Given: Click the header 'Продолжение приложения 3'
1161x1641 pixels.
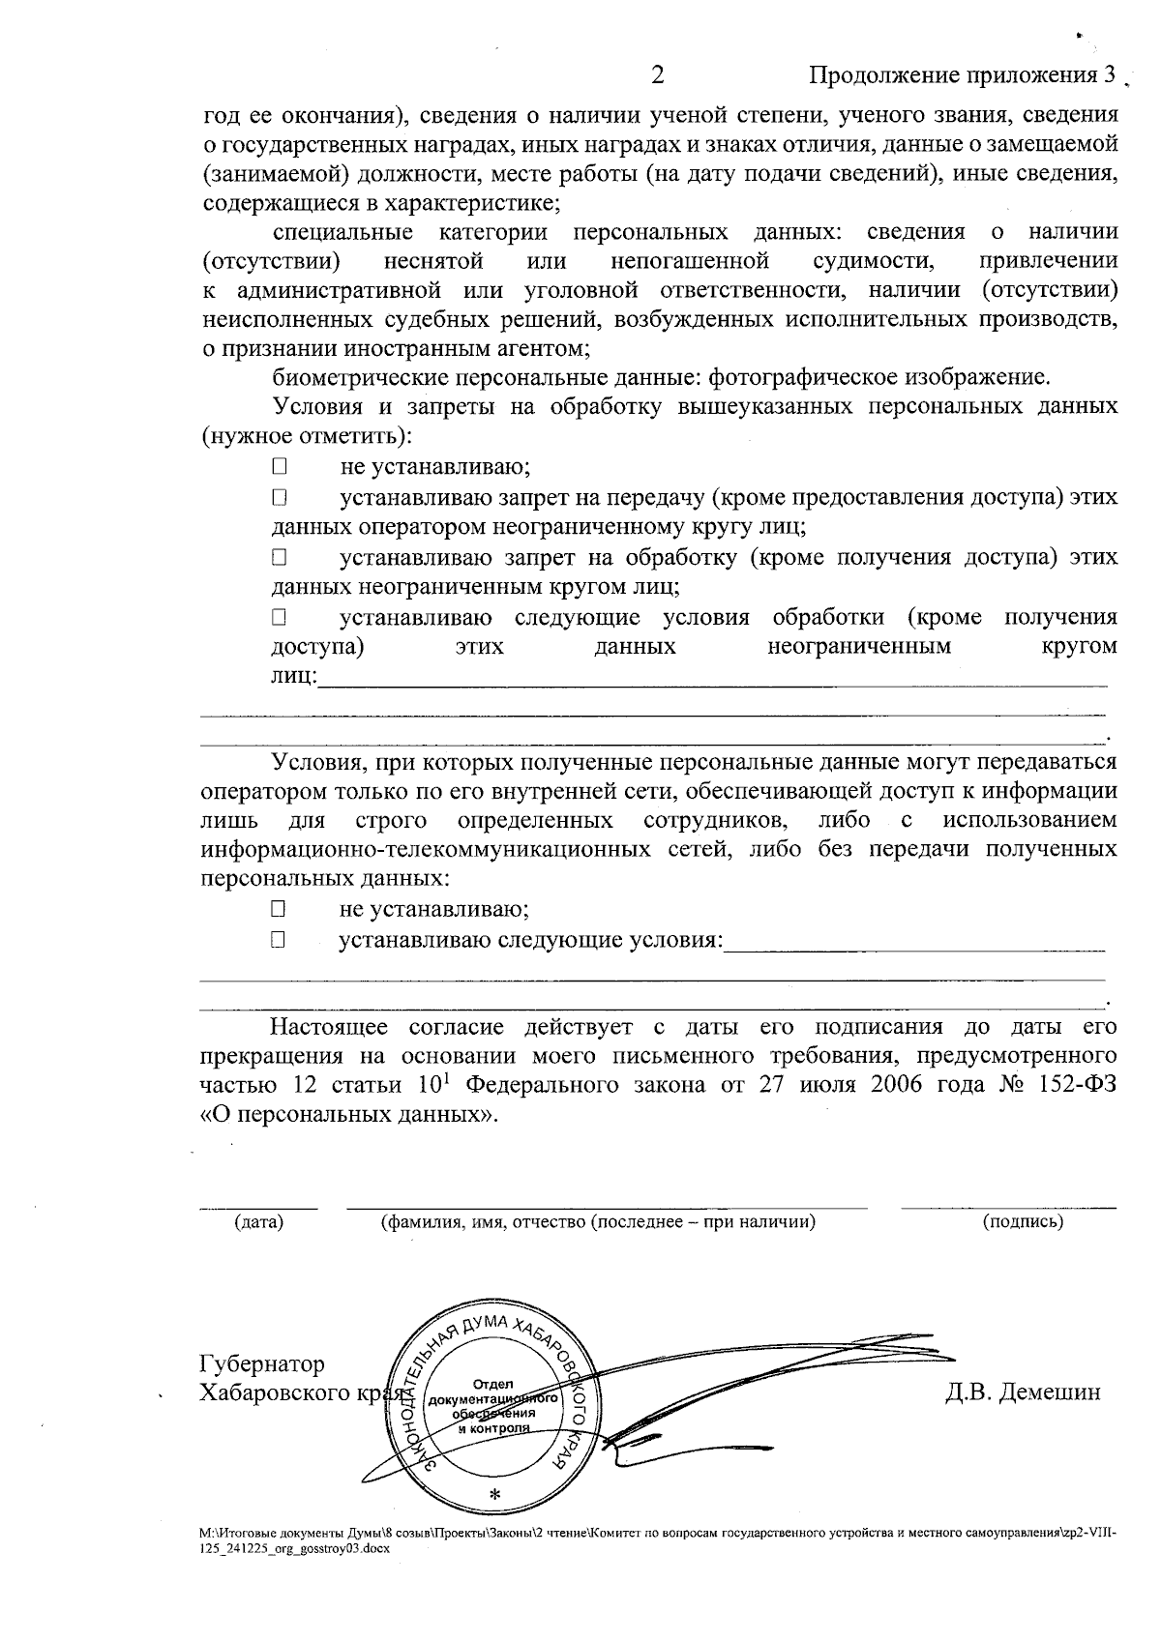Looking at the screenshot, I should pyautogui.click(x=963, y=76).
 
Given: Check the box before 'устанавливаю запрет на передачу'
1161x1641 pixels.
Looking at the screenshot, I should pyautogui.click(x=280, y=499).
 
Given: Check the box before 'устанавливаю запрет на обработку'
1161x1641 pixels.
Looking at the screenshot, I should pyautogui.click(x=280, y=558).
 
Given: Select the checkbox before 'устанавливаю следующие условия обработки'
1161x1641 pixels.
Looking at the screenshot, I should pyautogui.click(x=280, y=617).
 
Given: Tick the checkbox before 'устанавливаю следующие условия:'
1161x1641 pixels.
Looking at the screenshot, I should pyautogui.click(x=279, y=939).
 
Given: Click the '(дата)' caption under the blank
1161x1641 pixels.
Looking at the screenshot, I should pyautogui.click(x=258, y=1222).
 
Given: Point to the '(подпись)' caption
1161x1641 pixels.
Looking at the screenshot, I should pyautogui.click(x=1023, y=1222).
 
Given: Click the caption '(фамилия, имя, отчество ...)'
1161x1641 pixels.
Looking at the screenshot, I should pyautogui.click(x=598, y=1222).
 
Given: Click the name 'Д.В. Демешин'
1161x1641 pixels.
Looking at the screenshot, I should pyautogui.click(x=1023, y=1393).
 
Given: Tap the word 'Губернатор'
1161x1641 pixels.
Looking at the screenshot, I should pyautogui.click(x=262, y=1364).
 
